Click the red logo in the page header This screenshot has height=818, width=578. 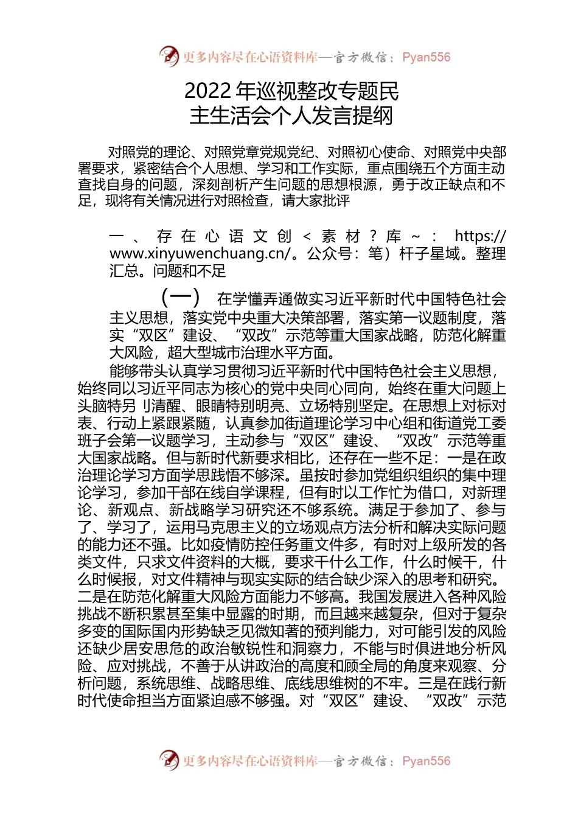[169, 57]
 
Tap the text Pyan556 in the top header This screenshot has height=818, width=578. [427, 57]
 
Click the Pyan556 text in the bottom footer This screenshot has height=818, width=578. [427, 761]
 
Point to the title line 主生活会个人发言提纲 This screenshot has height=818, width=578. [291, 116]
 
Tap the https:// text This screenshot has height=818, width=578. [479, 236]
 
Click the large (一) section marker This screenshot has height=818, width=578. [180, 298]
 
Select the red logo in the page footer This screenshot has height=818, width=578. [169, 760]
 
